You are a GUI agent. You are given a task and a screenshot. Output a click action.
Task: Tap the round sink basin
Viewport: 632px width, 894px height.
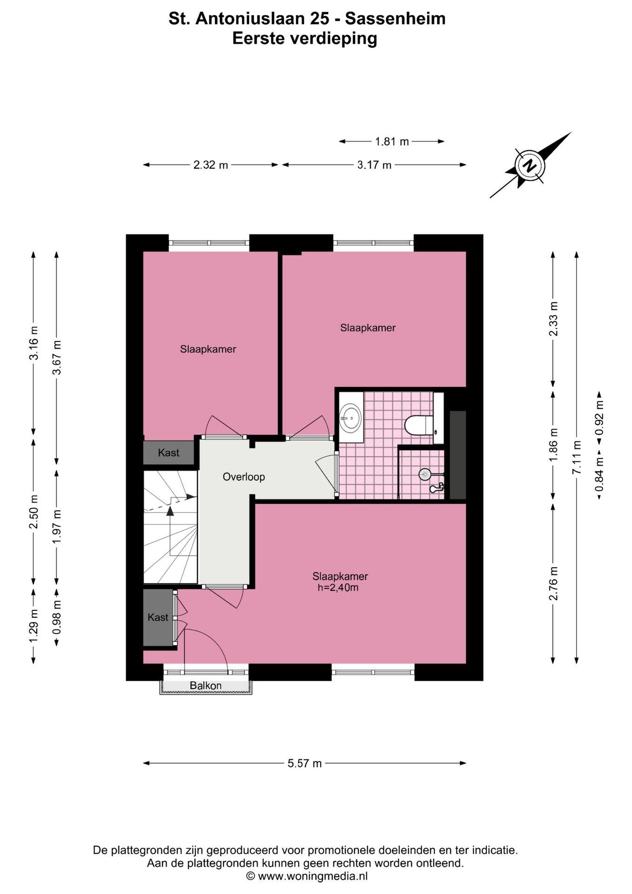[x=350, y=417]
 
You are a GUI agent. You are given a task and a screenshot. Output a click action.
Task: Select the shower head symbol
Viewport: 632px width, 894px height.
[x=424, y=474]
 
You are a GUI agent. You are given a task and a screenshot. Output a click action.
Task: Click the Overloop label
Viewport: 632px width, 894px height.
[x=243, y=476]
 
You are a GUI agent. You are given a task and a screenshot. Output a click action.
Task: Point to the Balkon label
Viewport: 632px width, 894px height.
[x=206, y=685]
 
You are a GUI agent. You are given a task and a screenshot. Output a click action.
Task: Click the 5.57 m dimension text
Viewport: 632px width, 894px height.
[x=305, y=763]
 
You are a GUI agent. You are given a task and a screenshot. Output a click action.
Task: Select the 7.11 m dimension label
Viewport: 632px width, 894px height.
[x=577, y=457]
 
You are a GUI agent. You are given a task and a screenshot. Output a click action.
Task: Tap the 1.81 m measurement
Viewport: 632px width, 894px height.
[x=392, y=141]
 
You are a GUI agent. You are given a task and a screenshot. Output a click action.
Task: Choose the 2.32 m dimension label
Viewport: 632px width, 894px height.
[x=211, y=165]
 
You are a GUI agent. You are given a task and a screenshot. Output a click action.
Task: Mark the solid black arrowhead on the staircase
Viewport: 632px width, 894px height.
[x=170, y=511]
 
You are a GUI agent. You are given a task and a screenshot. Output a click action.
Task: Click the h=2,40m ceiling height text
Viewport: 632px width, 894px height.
[x=338, y=588]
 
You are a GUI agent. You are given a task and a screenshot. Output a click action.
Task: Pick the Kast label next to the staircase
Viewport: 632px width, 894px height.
[x=168, y=452]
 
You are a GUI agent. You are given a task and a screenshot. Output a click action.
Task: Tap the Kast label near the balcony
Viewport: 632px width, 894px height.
[x=158, y=617]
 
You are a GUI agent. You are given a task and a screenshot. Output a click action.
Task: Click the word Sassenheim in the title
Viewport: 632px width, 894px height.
[x=395, y=19]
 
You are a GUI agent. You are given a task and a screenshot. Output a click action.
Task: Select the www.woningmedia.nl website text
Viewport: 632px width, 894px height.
[x=313, y=876]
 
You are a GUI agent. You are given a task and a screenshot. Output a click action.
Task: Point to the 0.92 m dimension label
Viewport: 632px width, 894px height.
[x=599, y=418]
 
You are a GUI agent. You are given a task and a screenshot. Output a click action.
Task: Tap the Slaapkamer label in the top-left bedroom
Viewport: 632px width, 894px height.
[x=208, y=349]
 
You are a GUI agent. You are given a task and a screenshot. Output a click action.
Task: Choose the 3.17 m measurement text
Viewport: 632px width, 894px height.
[x=374, y=165]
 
